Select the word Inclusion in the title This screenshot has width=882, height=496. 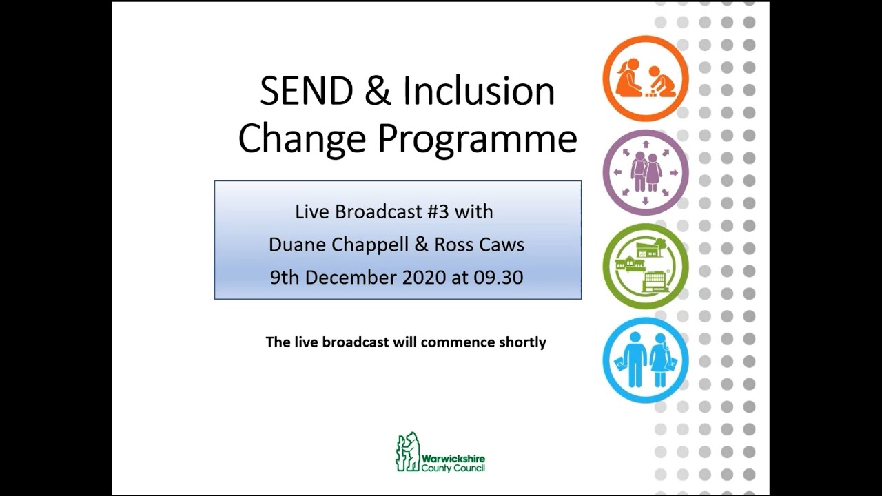click(479, 92)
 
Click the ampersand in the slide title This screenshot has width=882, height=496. click(377, 92)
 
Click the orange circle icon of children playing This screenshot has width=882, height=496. click(646, 78)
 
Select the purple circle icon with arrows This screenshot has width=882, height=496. click(646, 172)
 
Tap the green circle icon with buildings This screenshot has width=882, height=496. click(646, 266)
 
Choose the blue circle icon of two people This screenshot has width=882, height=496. click(646, 360)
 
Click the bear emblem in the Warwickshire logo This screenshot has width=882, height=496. click(407, 452)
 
